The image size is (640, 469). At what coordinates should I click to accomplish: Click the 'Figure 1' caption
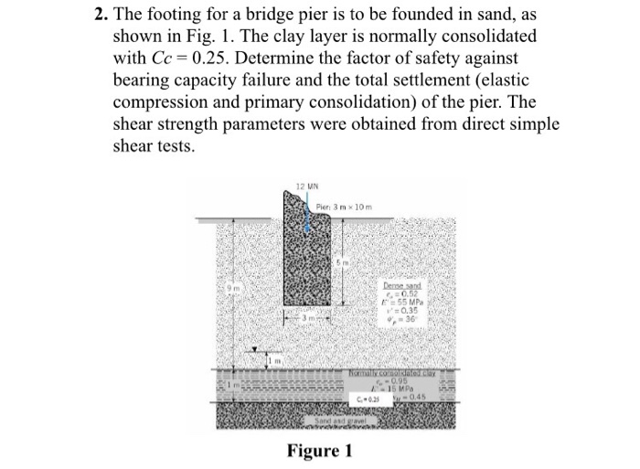tap(319, 450)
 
